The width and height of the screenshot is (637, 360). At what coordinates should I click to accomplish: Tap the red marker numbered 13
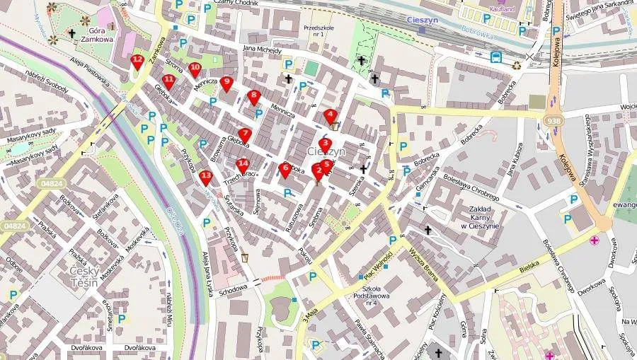coord(206,177)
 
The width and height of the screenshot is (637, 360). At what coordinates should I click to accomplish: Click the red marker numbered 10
coord(195,69)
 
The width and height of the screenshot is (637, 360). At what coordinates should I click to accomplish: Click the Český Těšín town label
coord(87,276)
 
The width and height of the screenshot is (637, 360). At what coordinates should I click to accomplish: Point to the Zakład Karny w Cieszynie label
coord(474,217)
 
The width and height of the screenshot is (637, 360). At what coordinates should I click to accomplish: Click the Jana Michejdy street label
coord(262,50)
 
